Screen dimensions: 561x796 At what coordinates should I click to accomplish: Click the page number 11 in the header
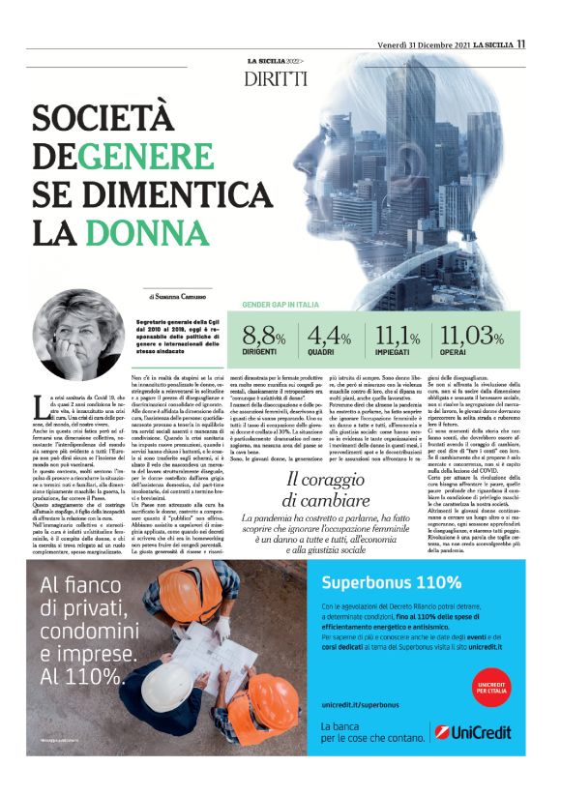(x=520, y=43)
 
